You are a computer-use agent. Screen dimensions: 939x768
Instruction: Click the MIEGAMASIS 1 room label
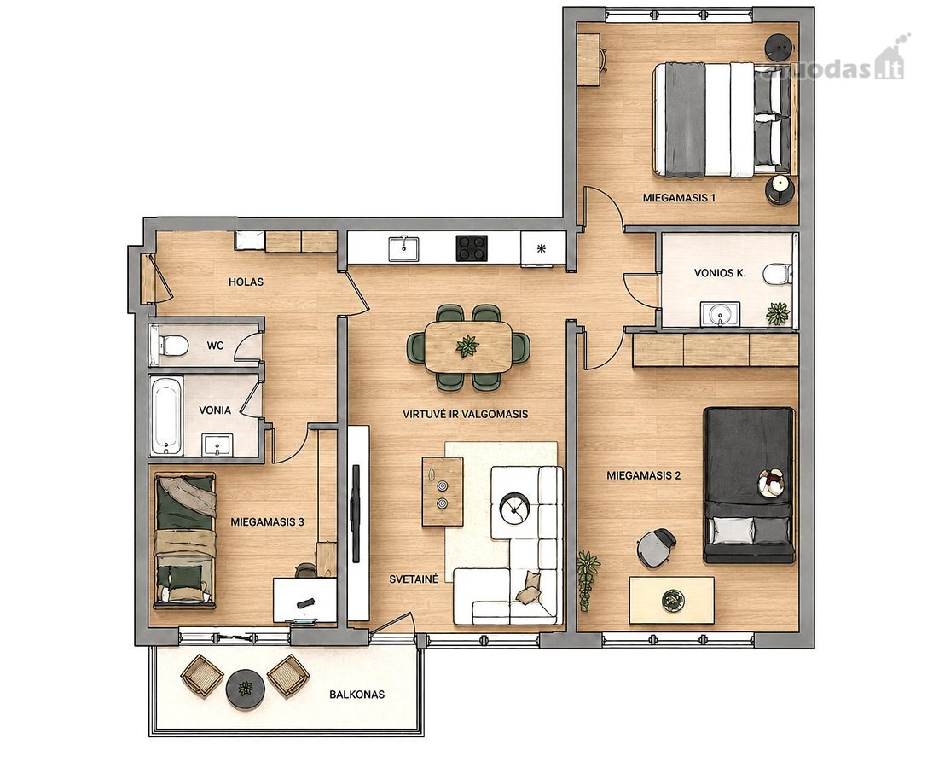[679, 197]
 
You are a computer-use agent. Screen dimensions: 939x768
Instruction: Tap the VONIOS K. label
[720, 273]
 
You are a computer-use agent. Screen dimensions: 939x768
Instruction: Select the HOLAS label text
[246, 282]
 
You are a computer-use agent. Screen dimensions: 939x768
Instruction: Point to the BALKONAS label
[356, 695]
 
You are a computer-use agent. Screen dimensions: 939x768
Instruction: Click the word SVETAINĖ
[414, 579]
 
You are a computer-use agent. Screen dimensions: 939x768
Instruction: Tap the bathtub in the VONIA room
[166, 416]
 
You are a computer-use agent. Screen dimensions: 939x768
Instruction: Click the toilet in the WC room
[171, 346]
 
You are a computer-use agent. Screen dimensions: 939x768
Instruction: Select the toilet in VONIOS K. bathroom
[777, 276]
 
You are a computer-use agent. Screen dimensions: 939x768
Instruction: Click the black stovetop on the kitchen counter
[472, 248]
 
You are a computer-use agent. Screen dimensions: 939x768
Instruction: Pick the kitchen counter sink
[403, 248]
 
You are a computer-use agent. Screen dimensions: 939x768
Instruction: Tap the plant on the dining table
[467, 346]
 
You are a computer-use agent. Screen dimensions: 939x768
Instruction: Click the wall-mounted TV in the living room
[356, 514]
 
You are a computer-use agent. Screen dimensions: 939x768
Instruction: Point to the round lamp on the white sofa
[513, 509]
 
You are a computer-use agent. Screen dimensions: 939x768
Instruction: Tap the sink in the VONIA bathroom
[217, 445]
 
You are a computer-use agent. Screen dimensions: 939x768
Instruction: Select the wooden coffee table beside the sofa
[443, 492]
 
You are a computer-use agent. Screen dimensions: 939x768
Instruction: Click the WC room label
[215, 346]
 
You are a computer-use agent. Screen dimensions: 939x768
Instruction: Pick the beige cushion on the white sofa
[528, 586]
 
